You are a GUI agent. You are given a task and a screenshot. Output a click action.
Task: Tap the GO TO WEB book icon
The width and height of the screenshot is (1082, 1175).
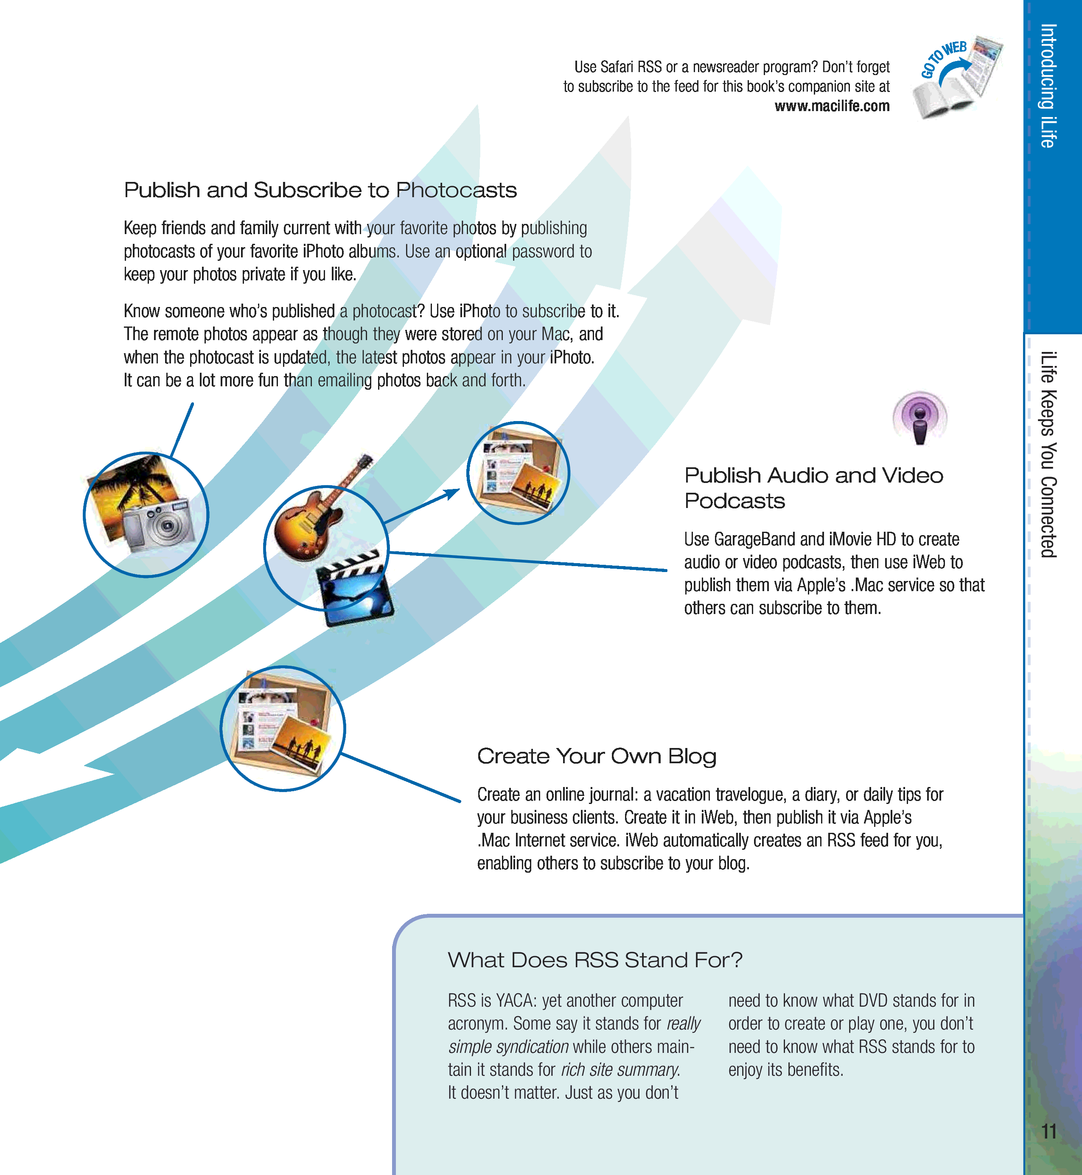click(x=958, y=76)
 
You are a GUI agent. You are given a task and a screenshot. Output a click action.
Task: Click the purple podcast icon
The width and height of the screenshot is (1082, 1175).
click(x=920, y=418)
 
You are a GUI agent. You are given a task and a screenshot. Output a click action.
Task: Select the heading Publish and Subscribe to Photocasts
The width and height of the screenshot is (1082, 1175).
click(x=320, y=190)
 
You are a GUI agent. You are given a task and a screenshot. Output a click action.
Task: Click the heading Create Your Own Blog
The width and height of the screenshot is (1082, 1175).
click(x=597, y=756)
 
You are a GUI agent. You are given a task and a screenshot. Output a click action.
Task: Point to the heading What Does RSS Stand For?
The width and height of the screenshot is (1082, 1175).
click(x=595, y=960)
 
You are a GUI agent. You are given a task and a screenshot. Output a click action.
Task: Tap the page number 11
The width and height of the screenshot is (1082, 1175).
click(x=1048, y=1131)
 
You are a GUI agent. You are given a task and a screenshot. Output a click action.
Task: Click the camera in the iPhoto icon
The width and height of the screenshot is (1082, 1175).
click(x=158, y=525)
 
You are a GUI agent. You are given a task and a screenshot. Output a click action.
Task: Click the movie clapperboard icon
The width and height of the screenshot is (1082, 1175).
click(x=355, y=589)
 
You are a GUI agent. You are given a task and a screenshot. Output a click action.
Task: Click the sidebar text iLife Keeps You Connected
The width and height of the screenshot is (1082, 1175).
click(x=1048, y=455)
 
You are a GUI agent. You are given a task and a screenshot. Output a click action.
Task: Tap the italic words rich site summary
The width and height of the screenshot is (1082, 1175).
click(x=620, y=1070)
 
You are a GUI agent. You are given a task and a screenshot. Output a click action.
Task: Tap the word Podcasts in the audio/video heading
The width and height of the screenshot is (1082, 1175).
click(x=735, y=501)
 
